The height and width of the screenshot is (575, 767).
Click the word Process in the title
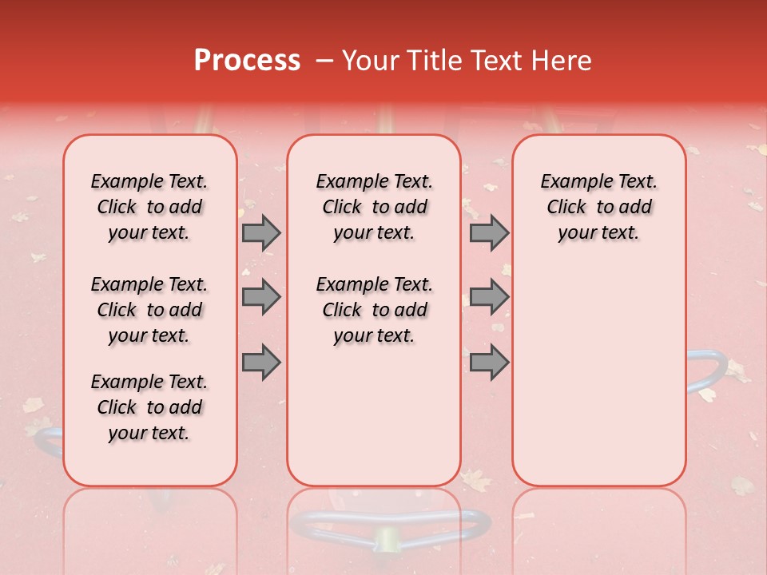247,61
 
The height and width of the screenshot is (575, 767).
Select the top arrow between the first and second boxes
261,232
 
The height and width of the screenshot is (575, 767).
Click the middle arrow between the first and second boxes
261,297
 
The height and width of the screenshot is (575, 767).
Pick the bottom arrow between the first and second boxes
261,362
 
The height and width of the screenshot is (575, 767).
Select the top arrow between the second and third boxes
489,232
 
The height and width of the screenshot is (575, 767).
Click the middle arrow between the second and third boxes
489,297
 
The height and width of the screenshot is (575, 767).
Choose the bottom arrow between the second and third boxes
489,362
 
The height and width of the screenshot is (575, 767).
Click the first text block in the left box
149,207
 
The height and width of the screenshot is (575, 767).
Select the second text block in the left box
149,310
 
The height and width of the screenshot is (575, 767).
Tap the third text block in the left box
149,407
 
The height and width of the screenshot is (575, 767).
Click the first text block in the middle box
374,207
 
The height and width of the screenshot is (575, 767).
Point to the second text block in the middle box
374,310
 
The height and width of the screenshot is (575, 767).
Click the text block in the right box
598,207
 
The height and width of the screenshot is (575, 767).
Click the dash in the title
324,61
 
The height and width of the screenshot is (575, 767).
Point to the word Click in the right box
566,207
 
